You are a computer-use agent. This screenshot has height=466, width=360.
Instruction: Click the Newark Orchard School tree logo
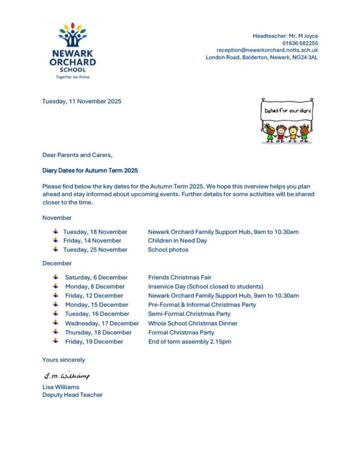click(72, 35)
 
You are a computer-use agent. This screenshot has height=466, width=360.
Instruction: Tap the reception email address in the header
click(267, 50)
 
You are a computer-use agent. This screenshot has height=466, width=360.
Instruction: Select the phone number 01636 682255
click(300, 43)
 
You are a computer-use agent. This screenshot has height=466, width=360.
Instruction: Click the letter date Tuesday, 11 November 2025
click(82, 101)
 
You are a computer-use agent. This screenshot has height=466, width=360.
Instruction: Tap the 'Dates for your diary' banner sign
click(286, 111)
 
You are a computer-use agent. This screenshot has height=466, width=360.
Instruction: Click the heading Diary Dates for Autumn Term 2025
click(90, 171)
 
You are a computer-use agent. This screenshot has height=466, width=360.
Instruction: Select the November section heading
click(57, 218)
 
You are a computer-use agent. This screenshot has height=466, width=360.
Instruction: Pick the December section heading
click(57, 263)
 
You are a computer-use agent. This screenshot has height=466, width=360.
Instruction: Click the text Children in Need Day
click(177, 240)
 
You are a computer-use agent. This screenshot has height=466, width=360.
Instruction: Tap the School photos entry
click(168, 249)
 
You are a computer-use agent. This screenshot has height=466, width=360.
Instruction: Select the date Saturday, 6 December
click(96, 277)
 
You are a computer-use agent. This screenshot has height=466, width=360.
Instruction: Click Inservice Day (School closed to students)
click(206, 287)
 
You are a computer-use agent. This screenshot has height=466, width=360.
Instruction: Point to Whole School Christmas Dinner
click(193, 323)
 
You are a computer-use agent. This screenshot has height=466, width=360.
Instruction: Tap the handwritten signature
click(66, 375)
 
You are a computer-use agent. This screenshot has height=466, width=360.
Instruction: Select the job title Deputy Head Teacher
click(72, 395)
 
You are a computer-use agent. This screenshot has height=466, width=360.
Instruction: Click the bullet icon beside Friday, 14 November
click(56, 240)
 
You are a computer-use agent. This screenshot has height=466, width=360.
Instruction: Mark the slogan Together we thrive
click(72, 77)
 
